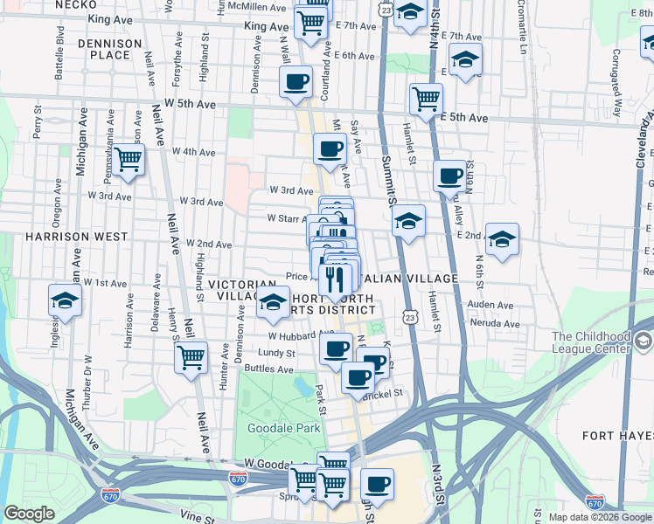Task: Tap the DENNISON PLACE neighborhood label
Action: pyautogui.click(x=109, y=49)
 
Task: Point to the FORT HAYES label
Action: pyautogui.click(x=617, y=434)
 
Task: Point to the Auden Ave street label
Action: pyautogui.click(x=490, y=305)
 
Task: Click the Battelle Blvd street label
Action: pyautogui.click(x=60, y=53)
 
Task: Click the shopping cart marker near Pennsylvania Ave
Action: pyautogui.click(x=129, y=160)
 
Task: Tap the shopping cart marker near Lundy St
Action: pyautogui.click(x=191, y=357)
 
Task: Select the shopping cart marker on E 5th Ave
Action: pyautogui.click(x=426, y=99)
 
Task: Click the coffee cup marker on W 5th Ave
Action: pyautogui.click(x=296, y=83)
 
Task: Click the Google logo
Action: pyautogui.click(x=30, y=514)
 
